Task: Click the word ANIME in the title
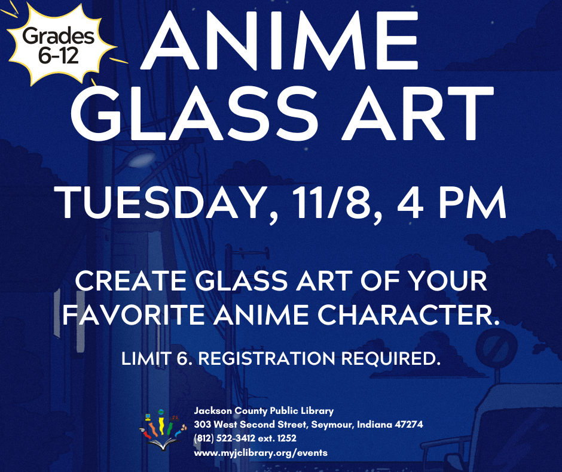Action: click(x=279, y=40)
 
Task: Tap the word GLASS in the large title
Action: click(x=194, y=114)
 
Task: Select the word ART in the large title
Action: click(x=417, y=114)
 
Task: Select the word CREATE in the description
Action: click(x=130, y=280)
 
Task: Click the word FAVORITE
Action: click(x=133, y=314)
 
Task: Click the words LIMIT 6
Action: click(x=157, y=358)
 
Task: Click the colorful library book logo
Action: click(x=163, y=430)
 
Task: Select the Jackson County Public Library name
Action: click(x=264, y=410)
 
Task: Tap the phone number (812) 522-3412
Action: click(x=225, y=438)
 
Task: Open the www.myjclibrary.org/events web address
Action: click(x=261, y=453)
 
